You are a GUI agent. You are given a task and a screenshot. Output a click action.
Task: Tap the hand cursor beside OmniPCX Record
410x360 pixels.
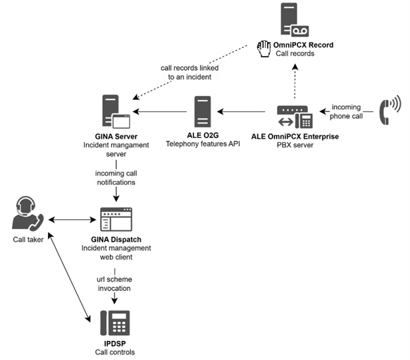coord(263,47)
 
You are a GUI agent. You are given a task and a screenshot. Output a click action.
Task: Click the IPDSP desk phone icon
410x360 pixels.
coord(115,324)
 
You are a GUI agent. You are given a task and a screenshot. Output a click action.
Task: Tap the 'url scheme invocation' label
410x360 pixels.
coord(115,283)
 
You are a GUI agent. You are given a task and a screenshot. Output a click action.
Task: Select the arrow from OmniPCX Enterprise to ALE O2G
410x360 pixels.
coord(245,113)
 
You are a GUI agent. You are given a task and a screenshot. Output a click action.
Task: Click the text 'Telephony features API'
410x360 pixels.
coord(203,143)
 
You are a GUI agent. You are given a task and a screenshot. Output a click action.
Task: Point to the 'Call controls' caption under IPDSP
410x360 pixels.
coord(115,352)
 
